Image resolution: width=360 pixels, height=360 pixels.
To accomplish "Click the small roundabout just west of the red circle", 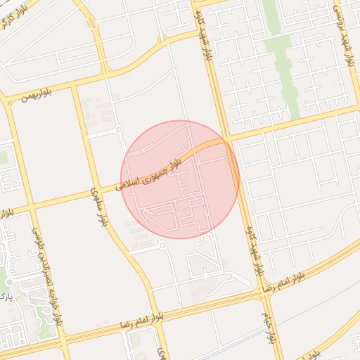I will point(118,129).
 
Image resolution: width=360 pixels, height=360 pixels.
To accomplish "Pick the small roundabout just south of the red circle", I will point(162,245).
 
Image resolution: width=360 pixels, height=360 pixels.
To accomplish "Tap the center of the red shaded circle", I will point(180,179).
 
